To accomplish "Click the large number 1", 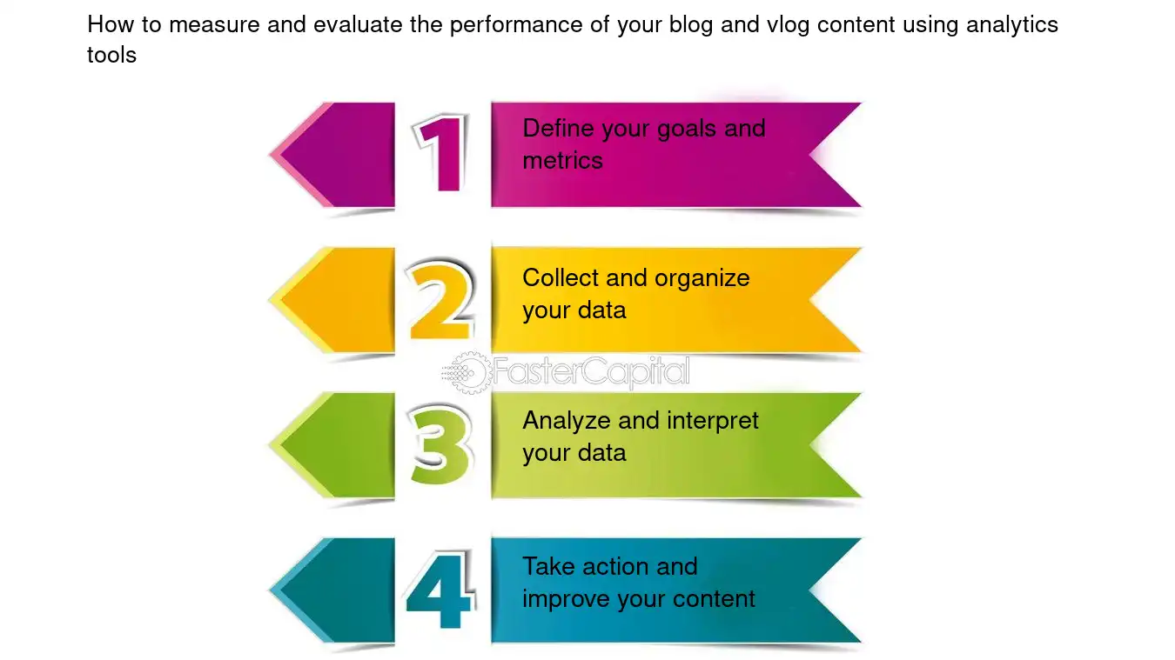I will click(442, 154).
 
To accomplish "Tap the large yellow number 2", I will click(442, 301).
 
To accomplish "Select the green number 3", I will click(442, 446).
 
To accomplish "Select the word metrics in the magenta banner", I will click(562, 161).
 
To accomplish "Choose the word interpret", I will click(713, 422).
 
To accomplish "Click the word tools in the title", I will click(111, 56).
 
